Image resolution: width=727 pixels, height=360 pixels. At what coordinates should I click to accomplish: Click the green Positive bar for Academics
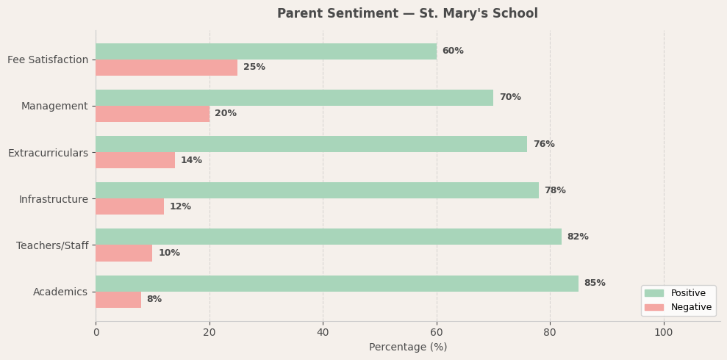coord(337,284)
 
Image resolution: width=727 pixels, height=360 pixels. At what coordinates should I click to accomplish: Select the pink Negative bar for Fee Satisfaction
coord(166,68)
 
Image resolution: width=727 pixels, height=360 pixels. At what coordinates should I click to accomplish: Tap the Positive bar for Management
coord(294,98)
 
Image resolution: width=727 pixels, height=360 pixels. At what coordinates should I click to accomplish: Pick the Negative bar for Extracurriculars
coord(135,160)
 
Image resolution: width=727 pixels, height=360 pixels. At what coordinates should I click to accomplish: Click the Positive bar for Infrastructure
coord(317,190)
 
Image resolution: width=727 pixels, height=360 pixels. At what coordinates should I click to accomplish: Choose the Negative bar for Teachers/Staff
coord(123,253)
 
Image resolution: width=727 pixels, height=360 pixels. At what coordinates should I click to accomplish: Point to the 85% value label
coord(595,284)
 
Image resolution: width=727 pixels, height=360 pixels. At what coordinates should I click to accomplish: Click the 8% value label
coord(154,300)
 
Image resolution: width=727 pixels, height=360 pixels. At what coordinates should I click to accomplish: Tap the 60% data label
coord(453,51)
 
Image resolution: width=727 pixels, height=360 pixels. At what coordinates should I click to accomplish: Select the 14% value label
coord(191,160)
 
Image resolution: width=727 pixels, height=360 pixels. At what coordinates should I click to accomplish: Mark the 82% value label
coord(578,237)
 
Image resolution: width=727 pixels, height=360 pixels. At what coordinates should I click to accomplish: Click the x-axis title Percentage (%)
coord(408,348)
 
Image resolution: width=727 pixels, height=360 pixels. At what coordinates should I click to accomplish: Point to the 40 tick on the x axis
coord(323,333)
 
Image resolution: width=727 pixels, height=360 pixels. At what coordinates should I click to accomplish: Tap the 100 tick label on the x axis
coord(664,333)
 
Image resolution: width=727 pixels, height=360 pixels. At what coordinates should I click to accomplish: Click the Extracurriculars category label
coord(48,153)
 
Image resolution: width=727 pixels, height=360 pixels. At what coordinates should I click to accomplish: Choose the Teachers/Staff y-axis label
coord(52,245)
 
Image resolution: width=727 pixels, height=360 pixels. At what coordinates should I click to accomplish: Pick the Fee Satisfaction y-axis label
coord(48,60)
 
